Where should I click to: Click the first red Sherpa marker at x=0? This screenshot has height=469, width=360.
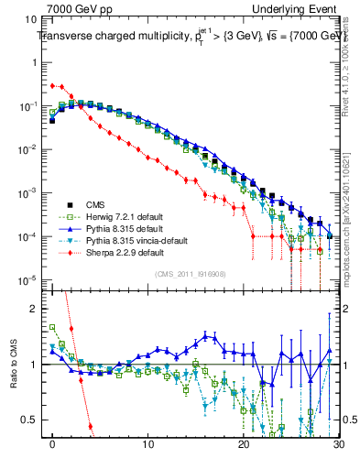53,85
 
